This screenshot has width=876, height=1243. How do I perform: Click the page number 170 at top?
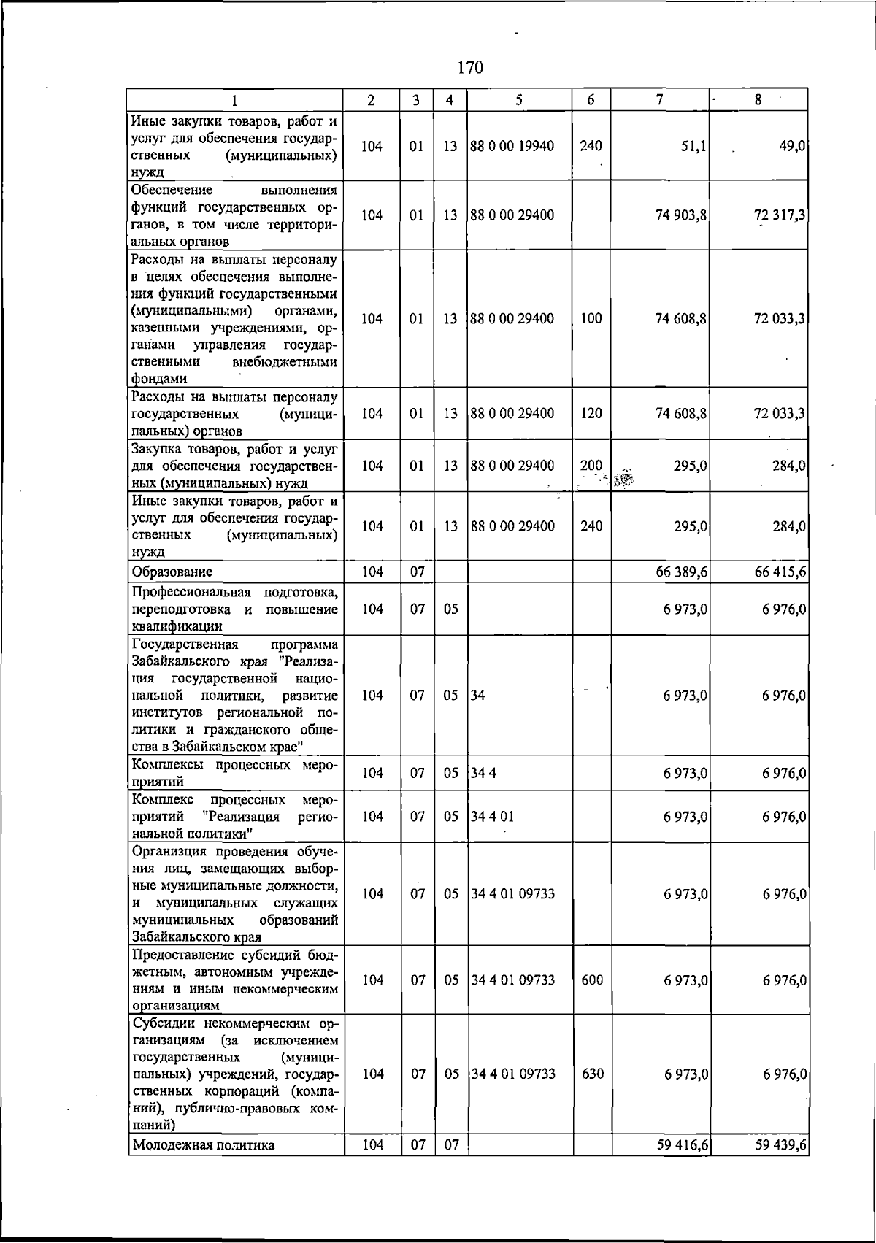[470, 68]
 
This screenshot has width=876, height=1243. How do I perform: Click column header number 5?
[518, 101]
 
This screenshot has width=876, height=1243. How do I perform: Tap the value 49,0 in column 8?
[793, 146]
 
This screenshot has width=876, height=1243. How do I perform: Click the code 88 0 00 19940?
[512, 146]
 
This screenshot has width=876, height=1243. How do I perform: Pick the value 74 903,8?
[680, 215]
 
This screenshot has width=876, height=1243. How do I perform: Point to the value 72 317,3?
[780, 215]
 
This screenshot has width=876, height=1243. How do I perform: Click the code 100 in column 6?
[591, 319]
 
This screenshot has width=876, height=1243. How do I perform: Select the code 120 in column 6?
[591, 413]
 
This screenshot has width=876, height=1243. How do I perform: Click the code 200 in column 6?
[591, 465]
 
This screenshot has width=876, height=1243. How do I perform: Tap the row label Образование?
[172, 572]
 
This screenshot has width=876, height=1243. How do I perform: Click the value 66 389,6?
[682, 572]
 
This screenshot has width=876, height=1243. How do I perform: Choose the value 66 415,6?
[780, 572]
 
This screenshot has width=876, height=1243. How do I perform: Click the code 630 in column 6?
[591, 1074]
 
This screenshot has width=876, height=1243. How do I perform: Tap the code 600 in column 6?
[591, 980]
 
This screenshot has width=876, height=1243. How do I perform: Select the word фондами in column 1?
[159, 379]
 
